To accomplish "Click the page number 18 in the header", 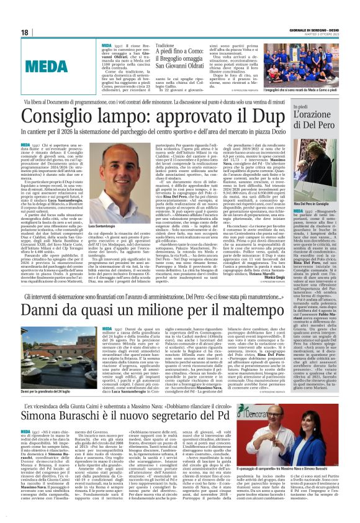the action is point(25,32).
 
